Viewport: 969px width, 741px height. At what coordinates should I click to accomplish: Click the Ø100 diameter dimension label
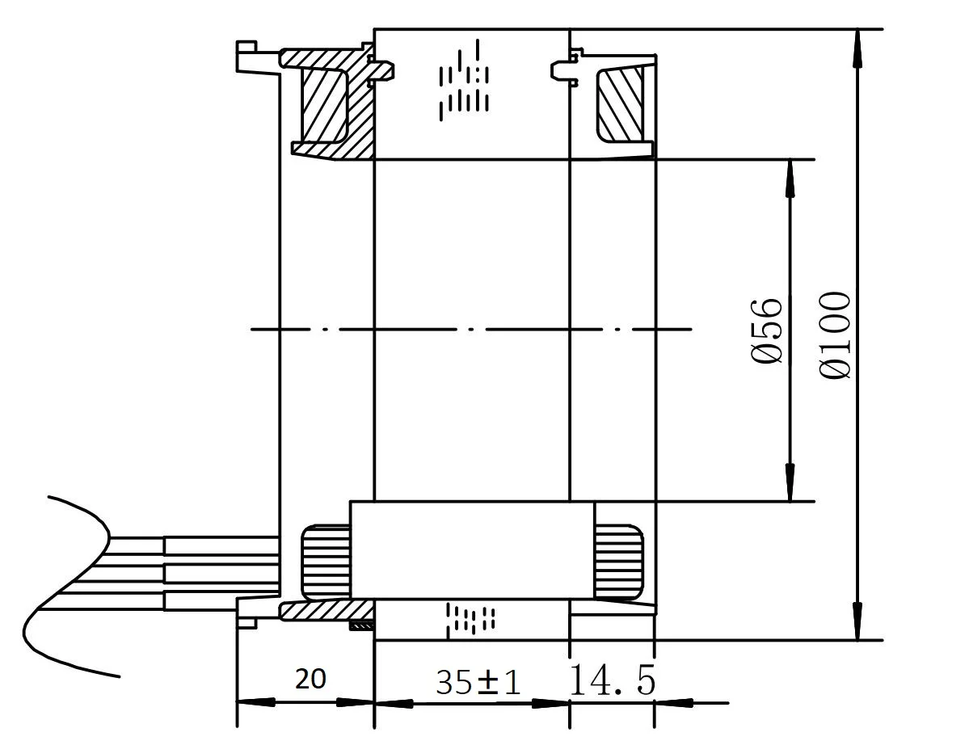[836, 335]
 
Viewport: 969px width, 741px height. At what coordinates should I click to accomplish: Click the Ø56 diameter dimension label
[768, 331]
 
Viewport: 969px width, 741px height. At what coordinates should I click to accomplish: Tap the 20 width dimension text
[310, 680]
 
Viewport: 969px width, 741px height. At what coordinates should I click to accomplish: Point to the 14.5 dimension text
[613, 680]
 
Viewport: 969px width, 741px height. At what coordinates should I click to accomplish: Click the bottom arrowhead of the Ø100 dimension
[857, 622]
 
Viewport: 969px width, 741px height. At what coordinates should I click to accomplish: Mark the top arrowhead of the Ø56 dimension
[790, 178]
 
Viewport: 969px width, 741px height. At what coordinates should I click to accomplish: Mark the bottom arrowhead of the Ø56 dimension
[790, 483]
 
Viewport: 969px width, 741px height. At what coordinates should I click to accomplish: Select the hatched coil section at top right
[620, 104]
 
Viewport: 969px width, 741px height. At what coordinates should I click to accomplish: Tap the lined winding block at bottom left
[326, 560]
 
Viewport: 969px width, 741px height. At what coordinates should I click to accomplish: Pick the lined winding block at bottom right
[619, 560]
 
